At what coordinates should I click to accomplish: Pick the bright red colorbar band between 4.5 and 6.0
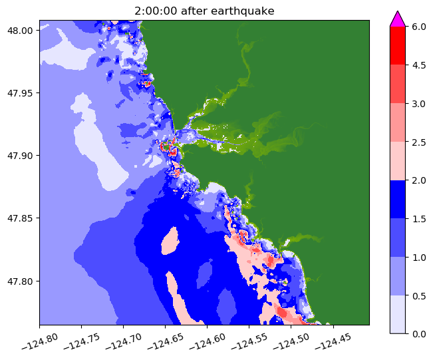397,45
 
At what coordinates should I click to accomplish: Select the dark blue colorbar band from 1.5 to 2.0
397,199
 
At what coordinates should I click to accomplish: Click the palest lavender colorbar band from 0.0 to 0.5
397,313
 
